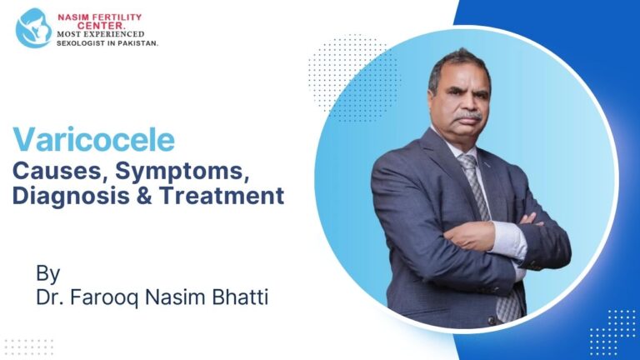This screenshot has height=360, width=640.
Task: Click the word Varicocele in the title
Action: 93,139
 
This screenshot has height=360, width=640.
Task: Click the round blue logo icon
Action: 33,27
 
